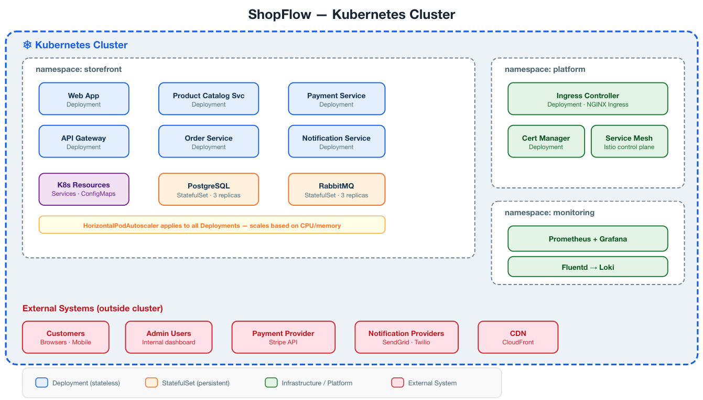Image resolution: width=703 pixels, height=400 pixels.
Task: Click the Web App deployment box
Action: (x=84, y=99)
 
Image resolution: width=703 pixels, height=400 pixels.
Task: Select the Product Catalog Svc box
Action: (x=209, y=99)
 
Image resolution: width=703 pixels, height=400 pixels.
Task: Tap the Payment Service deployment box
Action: (x=337, y=99)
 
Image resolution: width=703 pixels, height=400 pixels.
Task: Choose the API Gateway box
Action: (x=84, y=141)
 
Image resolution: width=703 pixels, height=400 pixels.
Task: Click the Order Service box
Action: (x=209, y=141)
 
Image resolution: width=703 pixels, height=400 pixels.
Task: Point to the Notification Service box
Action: (x=337, y=141)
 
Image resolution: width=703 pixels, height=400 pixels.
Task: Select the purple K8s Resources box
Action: (x=84, y=189)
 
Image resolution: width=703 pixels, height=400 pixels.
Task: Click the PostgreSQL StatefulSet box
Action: (x=209, y=190)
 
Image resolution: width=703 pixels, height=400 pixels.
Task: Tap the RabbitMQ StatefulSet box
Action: (x=337, y=190)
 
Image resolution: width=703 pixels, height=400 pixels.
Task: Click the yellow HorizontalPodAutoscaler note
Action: (x=212, y=225)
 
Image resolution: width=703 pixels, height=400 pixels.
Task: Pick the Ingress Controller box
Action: (x=588, y=99)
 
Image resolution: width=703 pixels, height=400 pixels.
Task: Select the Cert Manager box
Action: (x=546, y=141)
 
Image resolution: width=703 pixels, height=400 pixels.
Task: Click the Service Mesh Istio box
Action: (x=629, y=141)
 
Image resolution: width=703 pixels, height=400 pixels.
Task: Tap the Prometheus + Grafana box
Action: (x=588, y=239)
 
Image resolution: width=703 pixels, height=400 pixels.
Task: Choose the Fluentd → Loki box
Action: (x=588, y=267)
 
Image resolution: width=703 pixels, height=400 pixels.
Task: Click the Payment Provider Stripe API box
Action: (x=283, y=337)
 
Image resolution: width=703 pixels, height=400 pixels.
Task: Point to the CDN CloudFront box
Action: (x=518, y=337)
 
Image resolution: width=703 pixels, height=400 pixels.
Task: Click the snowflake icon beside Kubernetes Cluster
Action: (x=27, y=45)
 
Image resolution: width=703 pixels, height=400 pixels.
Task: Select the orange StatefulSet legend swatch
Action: (x=152, y=383)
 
